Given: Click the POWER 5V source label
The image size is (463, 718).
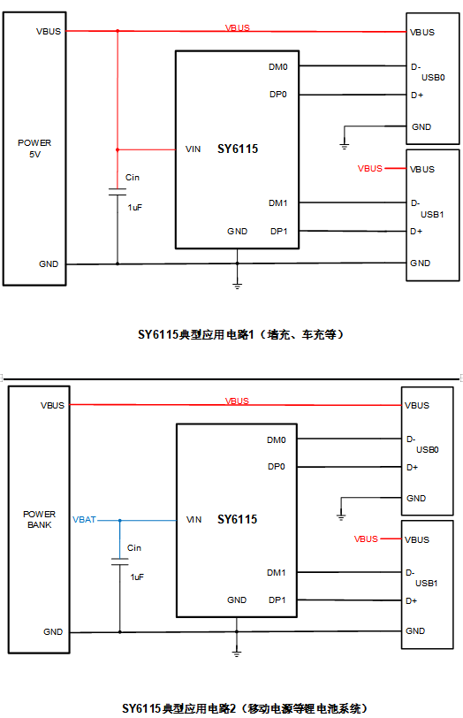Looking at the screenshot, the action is [34, 149].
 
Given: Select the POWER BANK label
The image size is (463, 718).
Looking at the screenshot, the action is [40, 519].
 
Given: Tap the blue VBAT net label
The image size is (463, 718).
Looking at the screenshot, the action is [84, 520].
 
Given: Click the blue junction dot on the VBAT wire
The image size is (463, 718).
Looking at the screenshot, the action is [120, 521].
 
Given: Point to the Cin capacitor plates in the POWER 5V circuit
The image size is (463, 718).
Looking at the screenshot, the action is [118, 192].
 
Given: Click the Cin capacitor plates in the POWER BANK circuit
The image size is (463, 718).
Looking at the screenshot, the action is [120, 561].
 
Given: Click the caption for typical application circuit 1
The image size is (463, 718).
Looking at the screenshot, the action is [240, 334].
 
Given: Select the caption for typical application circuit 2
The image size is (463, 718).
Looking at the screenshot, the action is [245, 708].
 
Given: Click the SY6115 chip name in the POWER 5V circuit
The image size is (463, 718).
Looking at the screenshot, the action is [238, 149].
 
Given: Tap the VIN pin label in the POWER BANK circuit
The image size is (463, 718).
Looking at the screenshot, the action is [194, 520].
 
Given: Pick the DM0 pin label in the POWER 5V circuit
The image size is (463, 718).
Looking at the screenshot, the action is [278, 67].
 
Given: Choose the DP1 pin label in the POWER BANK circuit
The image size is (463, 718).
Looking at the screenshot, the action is [277, 600].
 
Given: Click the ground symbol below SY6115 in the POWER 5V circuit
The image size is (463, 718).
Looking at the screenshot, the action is [237, 286].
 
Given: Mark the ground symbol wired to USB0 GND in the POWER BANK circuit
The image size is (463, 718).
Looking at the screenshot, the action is [341, 517].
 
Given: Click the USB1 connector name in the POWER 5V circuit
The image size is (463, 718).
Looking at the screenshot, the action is [432, 214].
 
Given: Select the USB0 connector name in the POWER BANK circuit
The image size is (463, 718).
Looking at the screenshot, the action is [428, 450].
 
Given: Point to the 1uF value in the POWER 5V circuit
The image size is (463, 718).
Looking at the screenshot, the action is [135, 208].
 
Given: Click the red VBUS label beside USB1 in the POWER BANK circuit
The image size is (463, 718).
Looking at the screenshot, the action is [366, 539].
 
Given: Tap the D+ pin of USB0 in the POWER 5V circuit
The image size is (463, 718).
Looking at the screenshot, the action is [417, 95].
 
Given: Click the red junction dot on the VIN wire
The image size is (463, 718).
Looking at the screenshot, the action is [118, 149].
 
